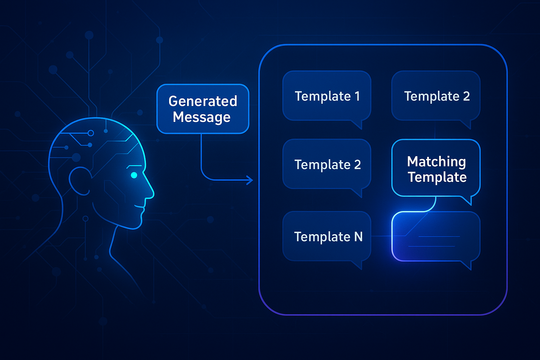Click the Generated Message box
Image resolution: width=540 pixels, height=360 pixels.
coord(203,109)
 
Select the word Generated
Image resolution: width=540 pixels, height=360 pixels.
coord(203,101)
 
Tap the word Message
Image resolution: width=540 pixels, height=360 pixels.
coord(201,117)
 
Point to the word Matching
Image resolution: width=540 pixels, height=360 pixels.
coord(436,162)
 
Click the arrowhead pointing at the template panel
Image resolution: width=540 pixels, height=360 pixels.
coord(250,180)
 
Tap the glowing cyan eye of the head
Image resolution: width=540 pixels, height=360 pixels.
coord(134,175)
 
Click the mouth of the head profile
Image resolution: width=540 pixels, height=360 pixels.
coord(139,207)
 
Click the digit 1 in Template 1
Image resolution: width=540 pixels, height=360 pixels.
coord(357,96)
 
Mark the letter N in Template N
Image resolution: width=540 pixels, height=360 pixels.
coord(358,237)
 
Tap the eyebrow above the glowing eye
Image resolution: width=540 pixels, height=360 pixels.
coord(134,166)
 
